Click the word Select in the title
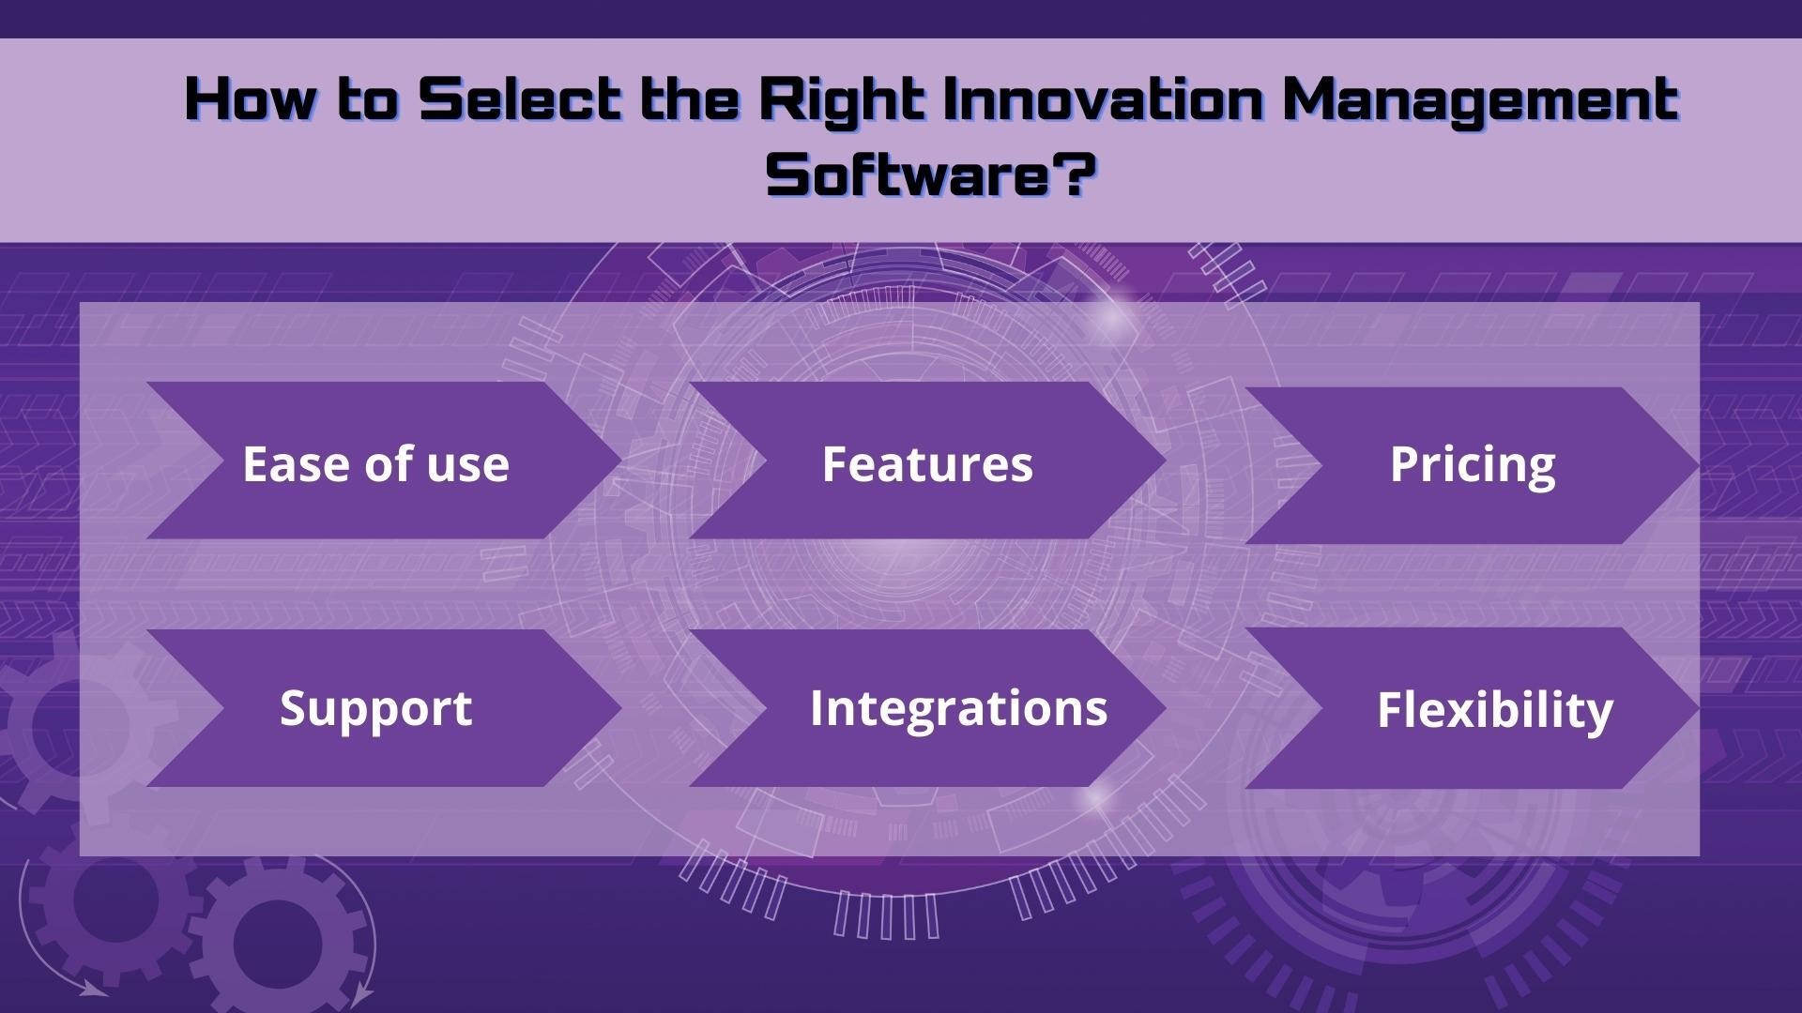click(x=521, y=99)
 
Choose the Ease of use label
click(x=375, y=463)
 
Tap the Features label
click(x=927, y=463)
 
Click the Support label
click(x=375, y=709)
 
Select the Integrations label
click(x=958, y=709)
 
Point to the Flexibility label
click(x=1495, y=711)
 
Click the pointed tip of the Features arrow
click(x=1166, y=461)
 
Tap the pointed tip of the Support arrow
click(x=622, y=708)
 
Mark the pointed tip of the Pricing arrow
click(x=1699, y=465)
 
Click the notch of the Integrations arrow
click(x=767, y=708)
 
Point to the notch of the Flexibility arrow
click(x=1321, y=708)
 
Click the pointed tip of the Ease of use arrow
click(x=622, y=461)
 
